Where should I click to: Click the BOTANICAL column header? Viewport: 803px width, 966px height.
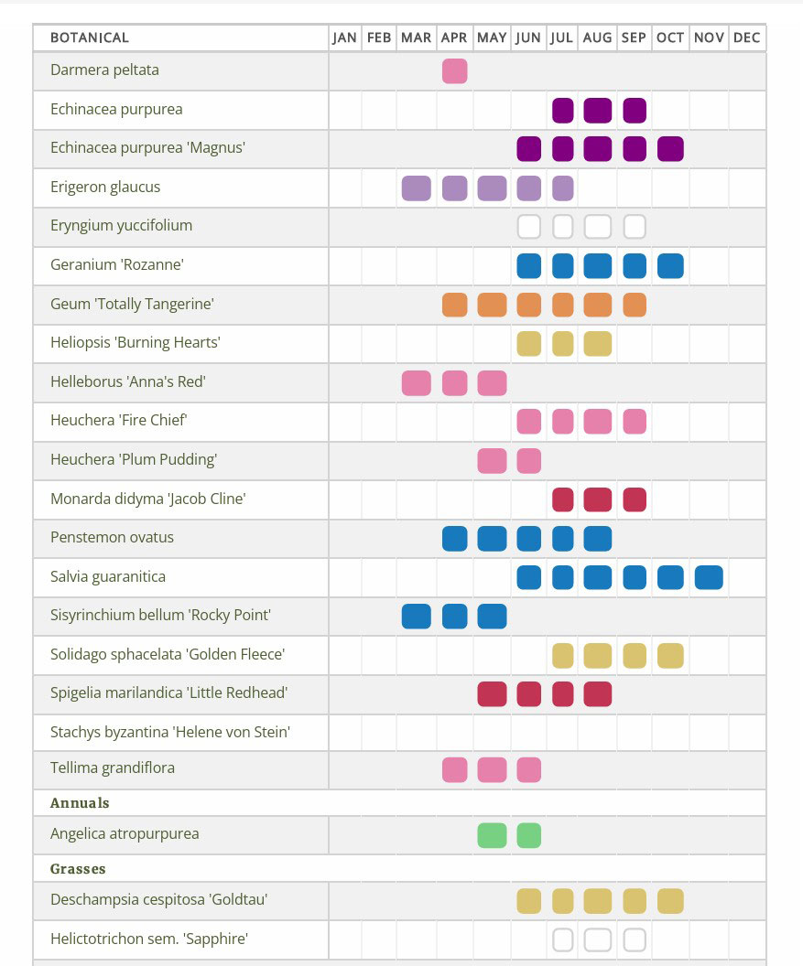[x=90, y=38]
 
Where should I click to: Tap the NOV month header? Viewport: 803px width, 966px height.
[x=709, y=38]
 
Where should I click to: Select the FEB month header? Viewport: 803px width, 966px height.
[x=379, y=38]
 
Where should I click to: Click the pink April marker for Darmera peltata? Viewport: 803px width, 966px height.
[x=454, y=70]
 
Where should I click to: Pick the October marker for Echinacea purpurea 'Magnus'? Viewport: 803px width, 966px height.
[x=670, y=149]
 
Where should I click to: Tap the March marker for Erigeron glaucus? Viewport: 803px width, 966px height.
[x=417, y=188]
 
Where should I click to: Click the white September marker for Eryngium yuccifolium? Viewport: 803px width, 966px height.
[x=635, y=227]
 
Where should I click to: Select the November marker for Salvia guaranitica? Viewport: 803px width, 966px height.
[x=709, y=578]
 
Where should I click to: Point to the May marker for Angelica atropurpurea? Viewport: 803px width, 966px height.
[x=492, y=835]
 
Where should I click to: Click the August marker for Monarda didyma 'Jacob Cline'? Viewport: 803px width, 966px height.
[x=597, y=499]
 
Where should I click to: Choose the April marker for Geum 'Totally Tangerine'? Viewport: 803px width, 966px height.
[x=454, y=305]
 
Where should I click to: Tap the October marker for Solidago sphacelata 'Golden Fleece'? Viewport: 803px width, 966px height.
[x=670, y=656]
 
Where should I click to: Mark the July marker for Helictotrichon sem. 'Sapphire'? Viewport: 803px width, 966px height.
[x=562, y=940]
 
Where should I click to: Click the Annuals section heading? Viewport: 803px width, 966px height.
[x=80, y=803]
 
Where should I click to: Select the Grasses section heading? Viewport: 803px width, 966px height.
[x=78, y=869]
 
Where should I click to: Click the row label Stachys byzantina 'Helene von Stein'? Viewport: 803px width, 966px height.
[x=170, y=732]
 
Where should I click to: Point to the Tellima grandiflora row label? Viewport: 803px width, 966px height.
[x=113, y=767]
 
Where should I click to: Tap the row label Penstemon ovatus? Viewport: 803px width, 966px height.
[x=112, y=537]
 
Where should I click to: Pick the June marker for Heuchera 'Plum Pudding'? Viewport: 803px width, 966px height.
[x=528, y=461]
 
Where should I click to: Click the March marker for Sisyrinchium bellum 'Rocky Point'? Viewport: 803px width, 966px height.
[x=417, y=616]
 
